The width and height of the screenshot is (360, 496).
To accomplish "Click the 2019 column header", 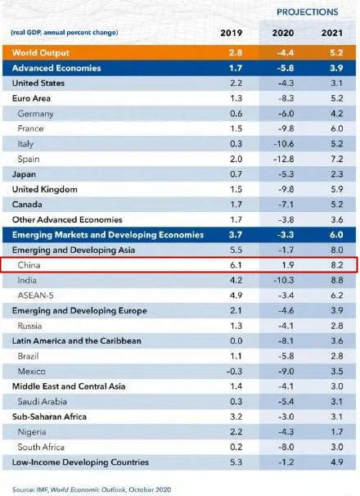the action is pos(232,33).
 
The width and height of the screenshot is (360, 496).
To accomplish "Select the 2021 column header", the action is pos(332,33).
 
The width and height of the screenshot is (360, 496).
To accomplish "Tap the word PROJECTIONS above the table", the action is pos(308,12).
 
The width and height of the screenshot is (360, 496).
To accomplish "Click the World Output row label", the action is pos(40,52).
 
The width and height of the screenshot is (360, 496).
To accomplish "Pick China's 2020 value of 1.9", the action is pos(287,264).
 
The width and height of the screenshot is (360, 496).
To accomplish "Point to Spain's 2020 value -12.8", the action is pos(283,159).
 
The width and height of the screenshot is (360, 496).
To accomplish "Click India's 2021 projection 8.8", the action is pos(336,280).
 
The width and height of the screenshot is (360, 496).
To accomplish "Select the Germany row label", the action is pos(35,114).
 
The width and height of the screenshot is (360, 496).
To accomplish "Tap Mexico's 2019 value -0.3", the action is pos(234,371).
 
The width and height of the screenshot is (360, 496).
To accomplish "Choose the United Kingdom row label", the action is pos(45,190).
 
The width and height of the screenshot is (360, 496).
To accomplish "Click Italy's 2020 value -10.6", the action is pos(283,143).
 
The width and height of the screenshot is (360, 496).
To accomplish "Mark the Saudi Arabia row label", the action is pos(42,401).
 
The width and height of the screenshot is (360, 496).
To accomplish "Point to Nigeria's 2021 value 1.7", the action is pos(337,432).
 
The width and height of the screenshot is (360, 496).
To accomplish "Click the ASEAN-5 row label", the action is pos(35,295).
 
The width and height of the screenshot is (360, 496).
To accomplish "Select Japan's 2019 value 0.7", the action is pos(236,174).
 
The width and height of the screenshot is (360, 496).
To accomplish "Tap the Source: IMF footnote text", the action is pos(92,490).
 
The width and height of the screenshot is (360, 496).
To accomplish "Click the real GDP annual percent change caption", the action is pos(64,33).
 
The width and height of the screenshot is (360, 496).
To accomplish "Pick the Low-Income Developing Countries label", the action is pos(80,462).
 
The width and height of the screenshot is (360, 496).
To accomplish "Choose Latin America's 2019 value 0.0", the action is pos(236,340).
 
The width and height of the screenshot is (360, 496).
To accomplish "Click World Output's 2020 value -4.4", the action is pos(286,52).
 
